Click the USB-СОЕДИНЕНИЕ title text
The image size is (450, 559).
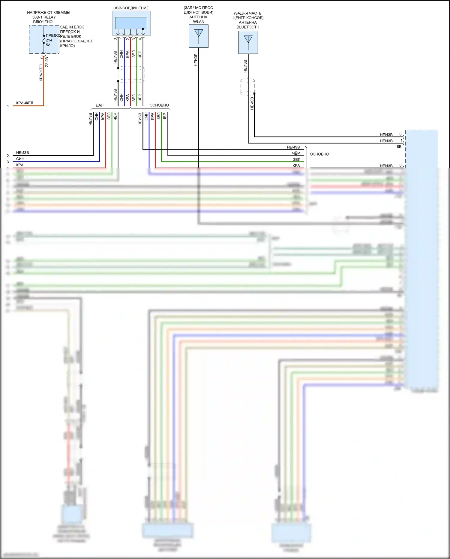tap(131, 8)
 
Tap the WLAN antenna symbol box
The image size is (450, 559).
tap(199, 36)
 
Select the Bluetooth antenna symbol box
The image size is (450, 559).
tap(248, 42)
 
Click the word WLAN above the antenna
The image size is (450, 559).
tap(199, 22)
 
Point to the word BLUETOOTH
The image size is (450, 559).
tap(248, 27)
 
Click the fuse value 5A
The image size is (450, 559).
tap(48, 45)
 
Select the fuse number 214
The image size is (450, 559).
tap(49, 40)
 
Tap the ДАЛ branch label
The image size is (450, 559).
tap(100, 105)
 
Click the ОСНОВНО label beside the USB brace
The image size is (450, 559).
tap(159, 105)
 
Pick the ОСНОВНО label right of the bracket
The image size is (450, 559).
tap(319, 154)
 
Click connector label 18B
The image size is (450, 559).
tap(398, 147)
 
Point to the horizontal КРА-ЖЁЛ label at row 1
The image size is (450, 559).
tap(25, 103)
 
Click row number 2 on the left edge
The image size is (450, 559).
tap(8, 156)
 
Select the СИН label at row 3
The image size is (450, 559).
tap(20, 159)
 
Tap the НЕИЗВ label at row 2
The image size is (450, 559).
tap(22, 153)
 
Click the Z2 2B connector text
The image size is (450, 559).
tap(47, 62)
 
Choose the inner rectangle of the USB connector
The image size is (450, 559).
tap(131, 23)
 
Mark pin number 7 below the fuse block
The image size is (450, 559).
tap(41, 58)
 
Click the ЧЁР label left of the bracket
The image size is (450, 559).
tap(296, 153)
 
